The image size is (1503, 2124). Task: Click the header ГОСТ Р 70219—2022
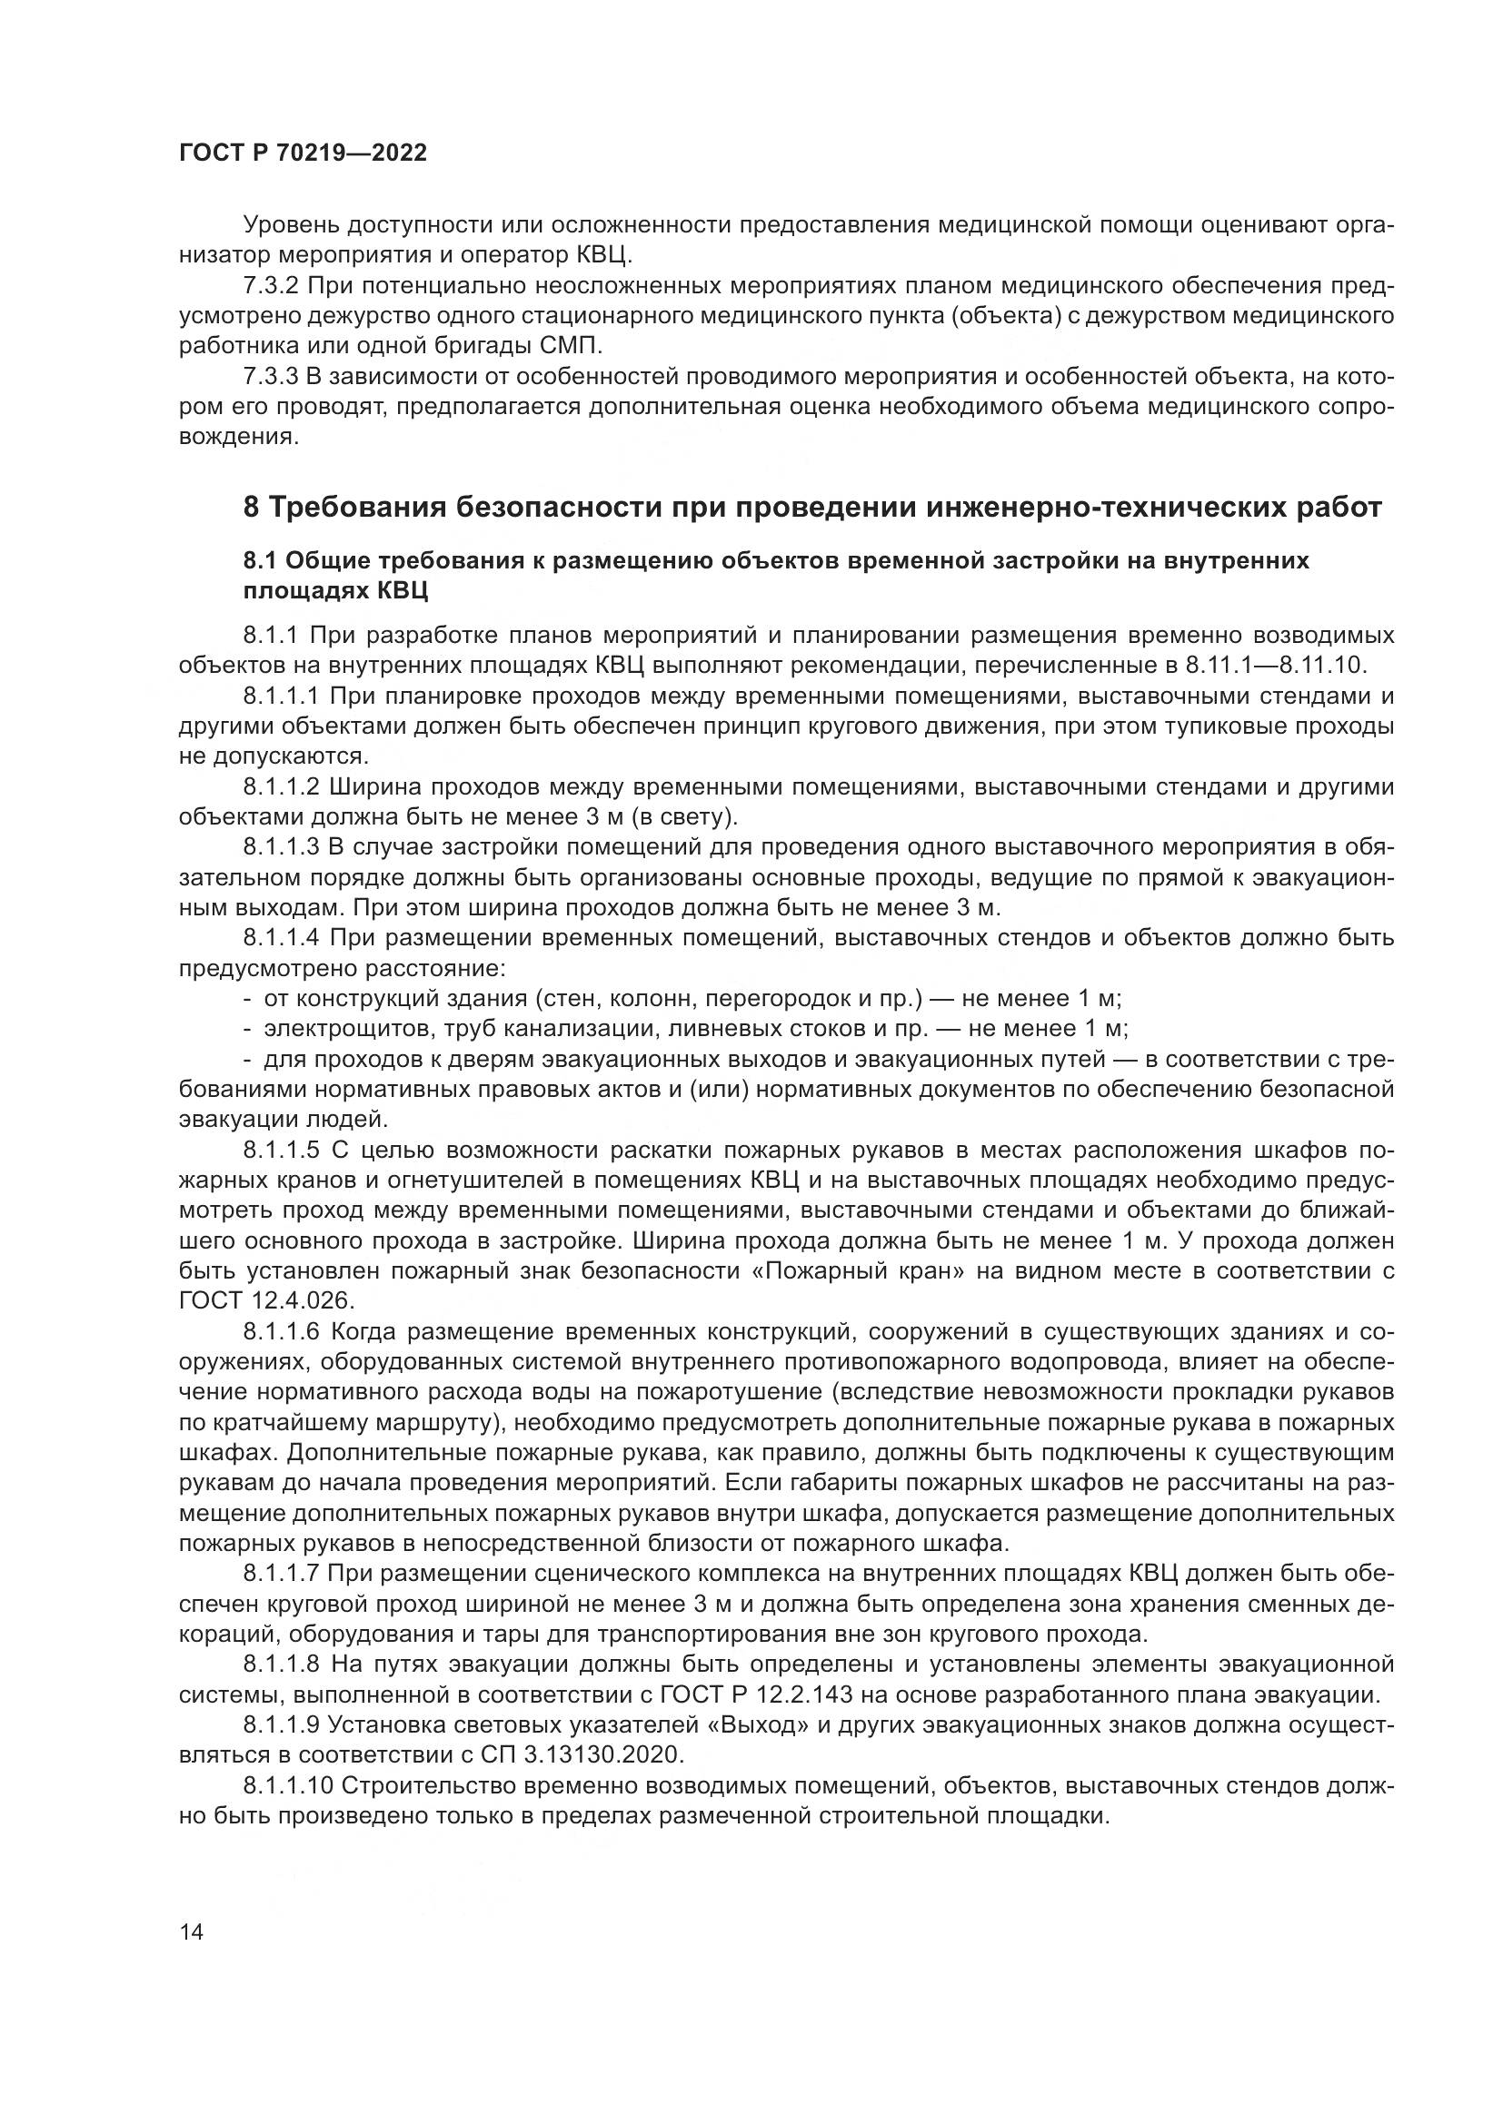click(303, 153)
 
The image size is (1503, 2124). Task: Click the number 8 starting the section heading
click(251, 508)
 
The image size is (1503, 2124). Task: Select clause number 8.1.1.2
click(282, 786)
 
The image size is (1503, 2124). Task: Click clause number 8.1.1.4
click(282, 938)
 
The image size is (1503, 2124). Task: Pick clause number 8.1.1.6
click(282, 1332)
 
